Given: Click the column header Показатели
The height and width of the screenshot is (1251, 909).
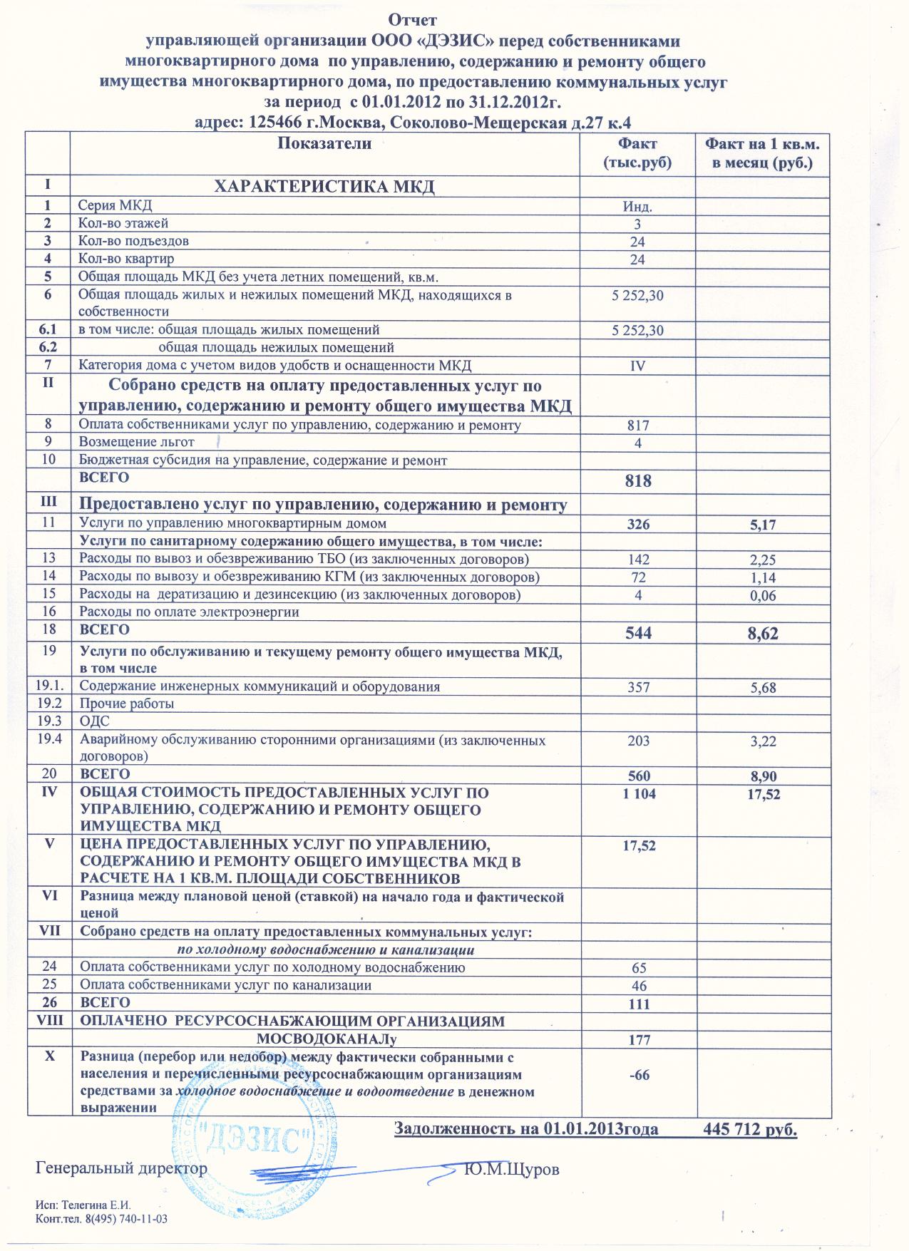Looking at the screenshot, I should click(x=324, y=143).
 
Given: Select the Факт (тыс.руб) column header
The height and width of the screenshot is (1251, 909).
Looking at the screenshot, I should click(x=637, y=153).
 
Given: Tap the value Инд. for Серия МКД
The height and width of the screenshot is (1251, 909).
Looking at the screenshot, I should click(x=637, y=207).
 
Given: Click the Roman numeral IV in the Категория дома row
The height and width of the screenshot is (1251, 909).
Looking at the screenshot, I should click(x=637, y=366).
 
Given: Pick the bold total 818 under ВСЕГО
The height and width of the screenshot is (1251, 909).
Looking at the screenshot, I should click(x=637, y=480).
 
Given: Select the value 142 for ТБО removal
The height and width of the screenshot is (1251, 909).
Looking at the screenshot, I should click(x=637, y=560).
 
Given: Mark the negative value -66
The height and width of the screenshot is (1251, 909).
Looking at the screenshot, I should click(x=639, y=1076).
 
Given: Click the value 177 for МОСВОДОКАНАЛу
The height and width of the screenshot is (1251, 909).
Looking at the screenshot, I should click(x=639, y=1040).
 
